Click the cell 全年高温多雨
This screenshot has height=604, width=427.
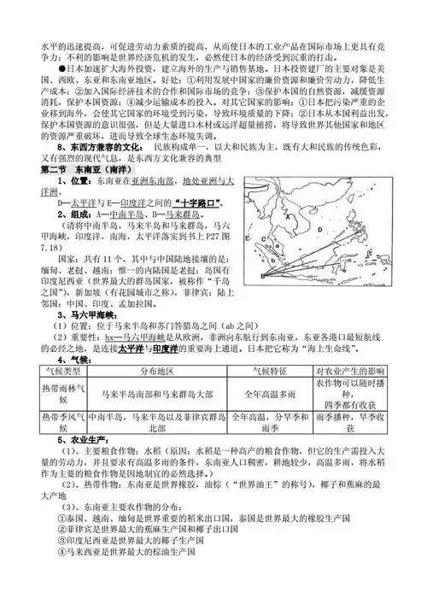tap(271, 395)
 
